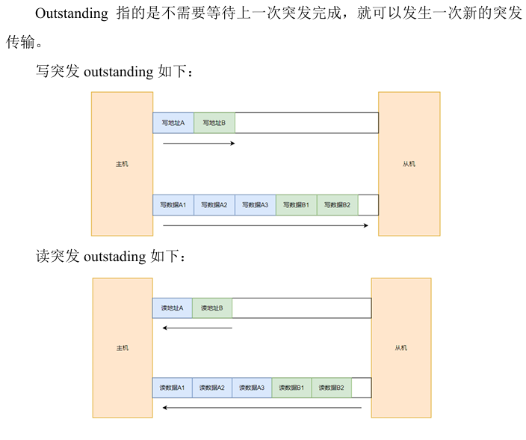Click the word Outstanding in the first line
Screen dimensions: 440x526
71,15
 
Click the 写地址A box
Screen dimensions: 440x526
173,123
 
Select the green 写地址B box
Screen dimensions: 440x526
214,123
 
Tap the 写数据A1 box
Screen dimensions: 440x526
173,205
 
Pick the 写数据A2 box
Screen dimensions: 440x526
214,205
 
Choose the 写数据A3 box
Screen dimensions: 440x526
256,205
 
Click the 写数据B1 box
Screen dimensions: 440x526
297,205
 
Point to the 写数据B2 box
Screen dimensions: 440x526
338,205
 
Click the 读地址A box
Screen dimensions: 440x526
173,308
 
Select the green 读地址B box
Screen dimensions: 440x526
212,308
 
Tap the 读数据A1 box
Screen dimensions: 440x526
173,388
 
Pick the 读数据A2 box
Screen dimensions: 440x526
212,388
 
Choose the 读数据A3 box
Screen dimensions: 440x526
252,388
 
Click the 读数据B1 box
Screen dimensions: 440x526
291,388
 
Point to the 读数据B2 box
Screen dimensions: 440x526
331,388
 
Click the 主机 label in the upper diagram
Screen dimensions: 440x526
122,164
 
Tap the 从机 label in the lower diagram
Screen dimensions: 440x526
401,348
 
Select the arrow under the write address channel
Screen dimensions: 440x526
199,143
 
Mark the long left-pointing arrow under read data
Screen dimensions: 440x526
262,408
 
